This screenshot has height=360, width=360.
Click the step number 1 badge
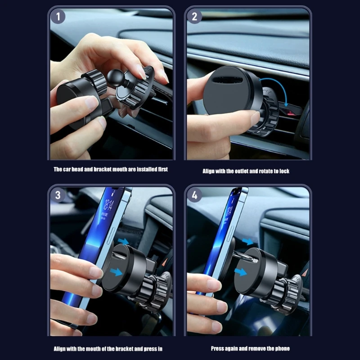58,17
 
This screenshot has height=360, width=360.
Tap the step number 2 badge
194,17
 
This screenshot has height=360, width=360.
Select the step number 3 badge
58,195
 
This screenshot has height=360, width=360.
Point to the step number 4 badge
194,195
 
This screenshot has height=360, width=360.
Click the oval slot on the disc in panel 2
228,80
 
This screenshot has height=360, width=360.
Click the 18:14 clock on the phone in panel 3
108,205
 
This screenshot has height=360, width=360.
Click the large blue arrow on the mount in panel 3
116,272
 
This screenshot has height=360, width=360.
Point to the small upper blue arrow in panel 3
123,241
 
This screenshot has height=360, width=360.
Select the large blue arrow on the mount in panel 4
240,272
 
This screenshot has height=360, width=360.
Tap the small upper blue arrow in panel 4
248,242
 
